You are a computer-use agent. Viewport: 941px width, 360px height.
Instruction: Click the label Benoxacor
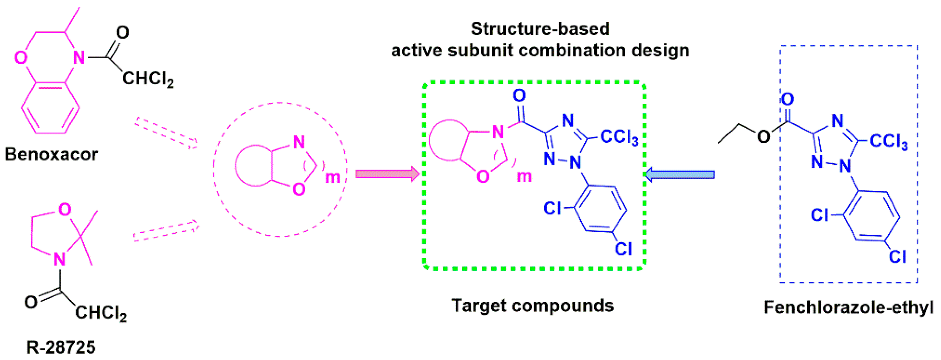tap(51, 155)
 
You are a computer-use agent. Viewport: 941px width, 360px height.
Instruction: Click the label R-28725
tap(61, 347)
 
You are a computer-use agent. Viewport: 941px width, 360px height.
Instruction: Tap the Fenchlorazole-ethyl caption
tap(848, 308)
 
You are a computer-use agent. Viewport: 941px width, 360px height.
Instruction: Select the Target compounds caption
tap(533, 306)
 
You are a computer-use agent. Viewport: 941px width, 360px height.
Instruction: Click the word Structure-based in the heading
tap(540, 29)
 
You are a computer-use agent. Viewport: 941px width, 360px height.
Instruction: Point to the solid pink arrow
tap(387, 174)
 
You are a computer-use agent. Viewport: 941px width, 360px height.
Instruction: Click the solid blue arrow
tap(680, 174)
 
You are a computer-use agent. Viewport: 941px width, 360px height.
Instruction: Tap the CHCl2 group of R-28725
tap(101, 313)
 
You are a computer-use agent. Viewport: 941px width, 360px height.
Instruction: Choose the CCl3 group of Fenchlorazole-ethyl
tap(888, 141)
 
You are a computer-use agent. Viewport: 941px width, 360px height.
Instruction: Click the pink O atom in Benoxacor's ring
tap(21, 58)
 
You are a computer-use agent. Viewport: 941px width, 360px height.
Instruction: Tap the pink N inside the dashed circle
tap(299, 142)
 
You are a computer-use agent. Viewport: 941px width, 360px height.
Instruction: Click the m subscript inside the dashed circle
tap(332, 178)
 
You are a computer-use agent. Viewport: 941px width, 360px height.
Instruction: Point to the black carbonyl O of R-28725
tap(31, 302)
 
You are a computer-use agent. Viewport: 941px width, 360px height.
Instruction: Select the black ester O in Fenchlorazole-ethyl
tap(763, 137)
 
